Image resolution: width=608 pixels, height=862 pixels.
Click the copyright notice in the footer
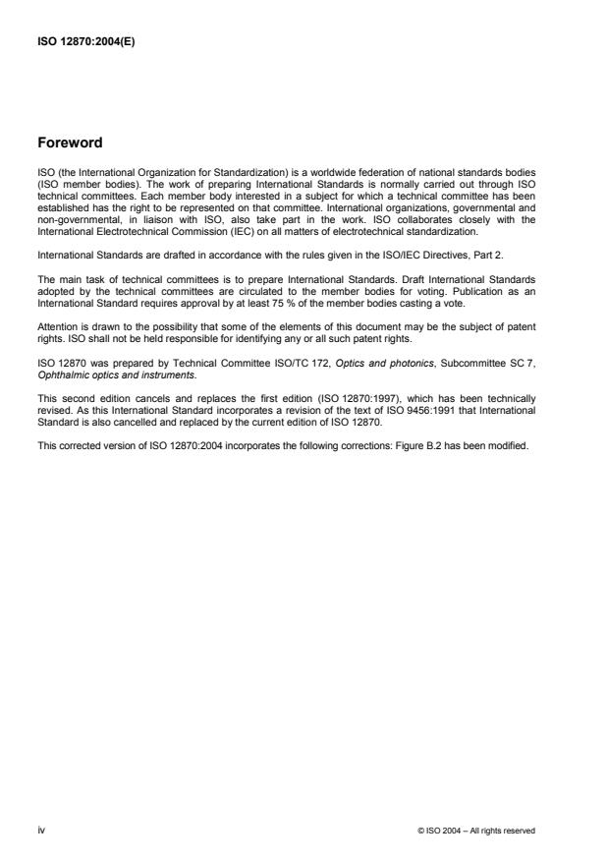point(476,831)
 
